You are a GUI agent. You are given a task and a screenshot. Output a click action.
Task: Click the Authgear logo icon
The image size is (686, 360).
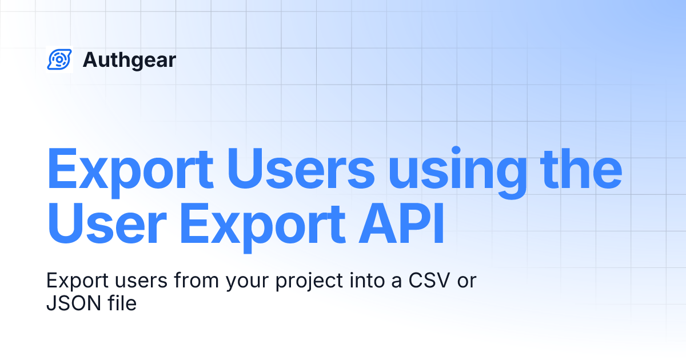tap(59, 59)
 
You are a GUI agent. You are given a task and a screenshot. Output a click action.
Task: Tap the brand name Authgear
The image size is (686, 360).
tap(129, 59)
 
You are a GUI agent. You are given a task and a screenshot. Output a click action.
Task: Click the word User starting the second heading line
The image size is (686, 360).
tap(107, 224)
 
